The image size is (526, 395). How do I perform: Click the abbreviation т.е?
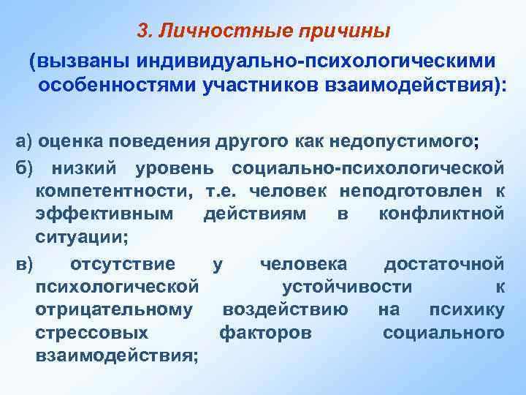coord(222,192)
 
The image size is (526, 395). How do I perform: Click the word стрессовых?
coord(91,332)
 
